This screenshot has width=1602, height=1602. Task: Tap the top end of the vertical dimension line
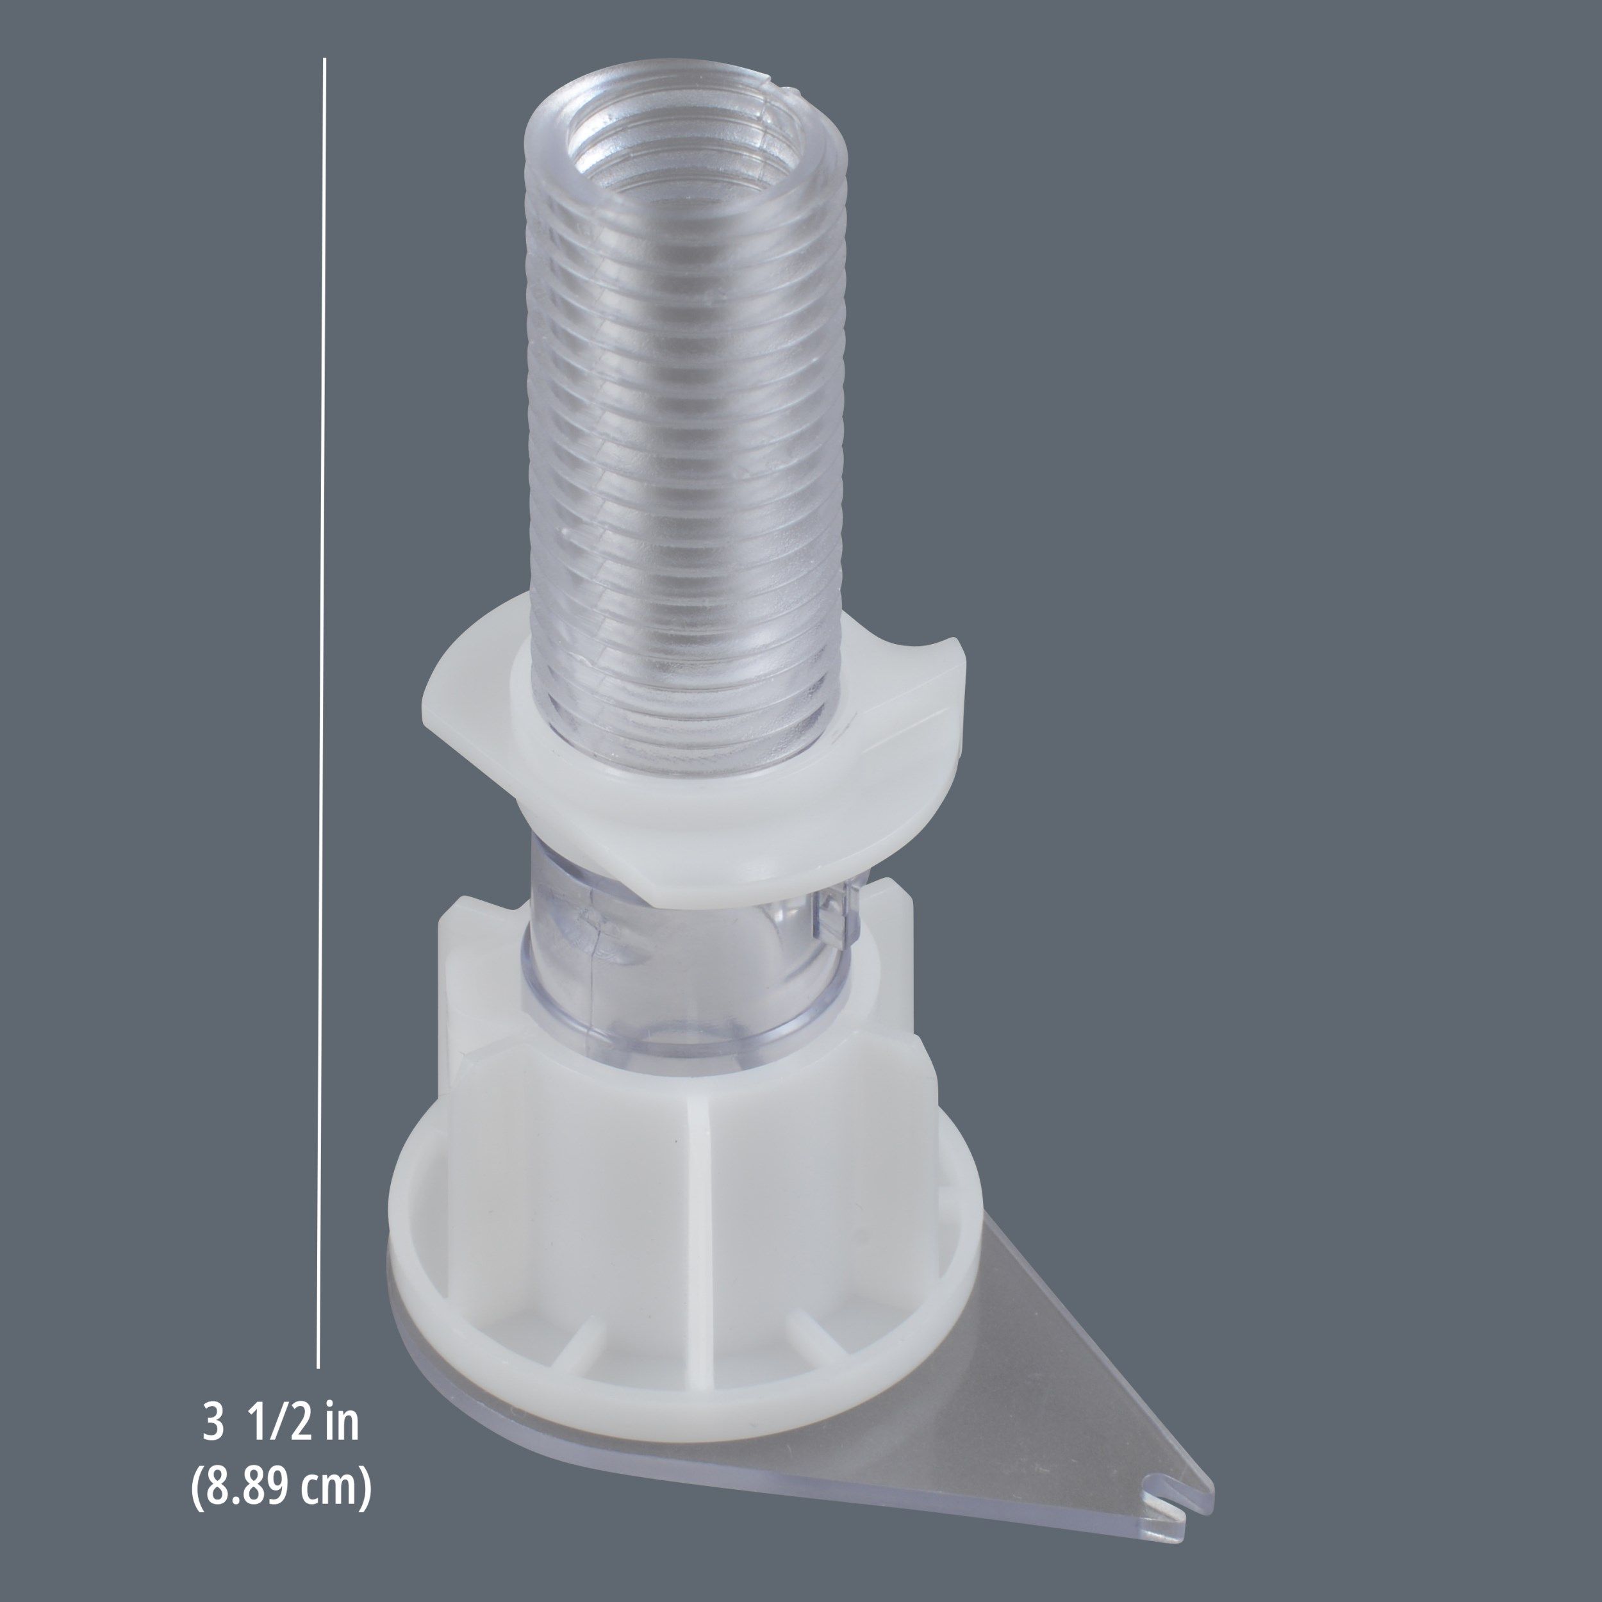[x=325, y=60]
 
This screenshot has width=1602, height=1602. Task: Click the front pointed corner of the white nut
[x=663, y=900]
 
